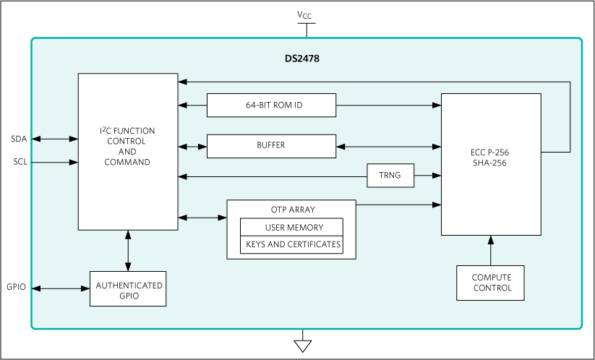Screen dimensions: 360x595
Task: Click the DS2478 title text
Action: (x=301, y=59)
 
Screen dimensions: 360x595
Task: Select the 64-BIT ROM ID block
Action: (x=272, y=105)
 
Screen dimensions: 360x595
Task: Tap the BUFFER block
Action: (x=272, y=145)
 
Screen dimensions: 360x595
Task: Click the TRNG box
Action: (x=390, y=176)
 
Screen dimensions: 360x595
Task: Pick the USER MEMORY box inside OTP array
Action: (x=291, y=227)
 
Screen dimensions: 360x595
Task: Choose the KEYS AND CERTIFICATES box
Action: (x=291, y=244)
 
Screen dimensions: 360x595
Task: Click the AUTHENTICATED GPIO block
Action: (x=127, y=290)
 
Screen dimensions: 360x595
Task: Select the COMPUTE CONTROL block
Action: (x=491, y=283)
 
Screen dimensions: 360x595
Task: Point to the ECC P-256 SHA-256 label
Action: (x=491, y=158)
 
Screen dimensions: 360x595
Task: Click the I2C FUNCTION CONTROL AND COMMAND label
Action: (x=127, y=147)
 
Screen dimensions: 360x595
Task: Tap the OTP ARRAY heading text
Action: (x=291, y=210)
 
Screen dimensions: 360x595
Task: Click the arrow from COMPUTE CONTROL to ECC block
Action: (x=491, y=250)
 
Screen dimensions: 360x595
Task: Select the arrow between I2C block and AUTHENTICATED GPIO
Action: (x=128, y=251)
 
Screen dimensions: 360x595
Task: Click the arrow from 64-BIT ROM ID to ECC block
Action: (x=389, y=105)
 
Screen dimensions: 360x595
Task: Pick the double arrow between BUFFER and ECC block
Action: (x=389, y=147)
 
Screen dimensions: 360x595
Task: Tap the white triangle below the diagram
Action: (x=303, y=346)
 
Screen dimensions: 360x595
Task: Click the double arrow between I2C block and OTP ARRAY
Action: (x=202, y=217)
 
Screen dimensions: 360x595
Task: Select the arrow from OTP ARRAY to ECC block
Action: (x=398, y=205)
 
